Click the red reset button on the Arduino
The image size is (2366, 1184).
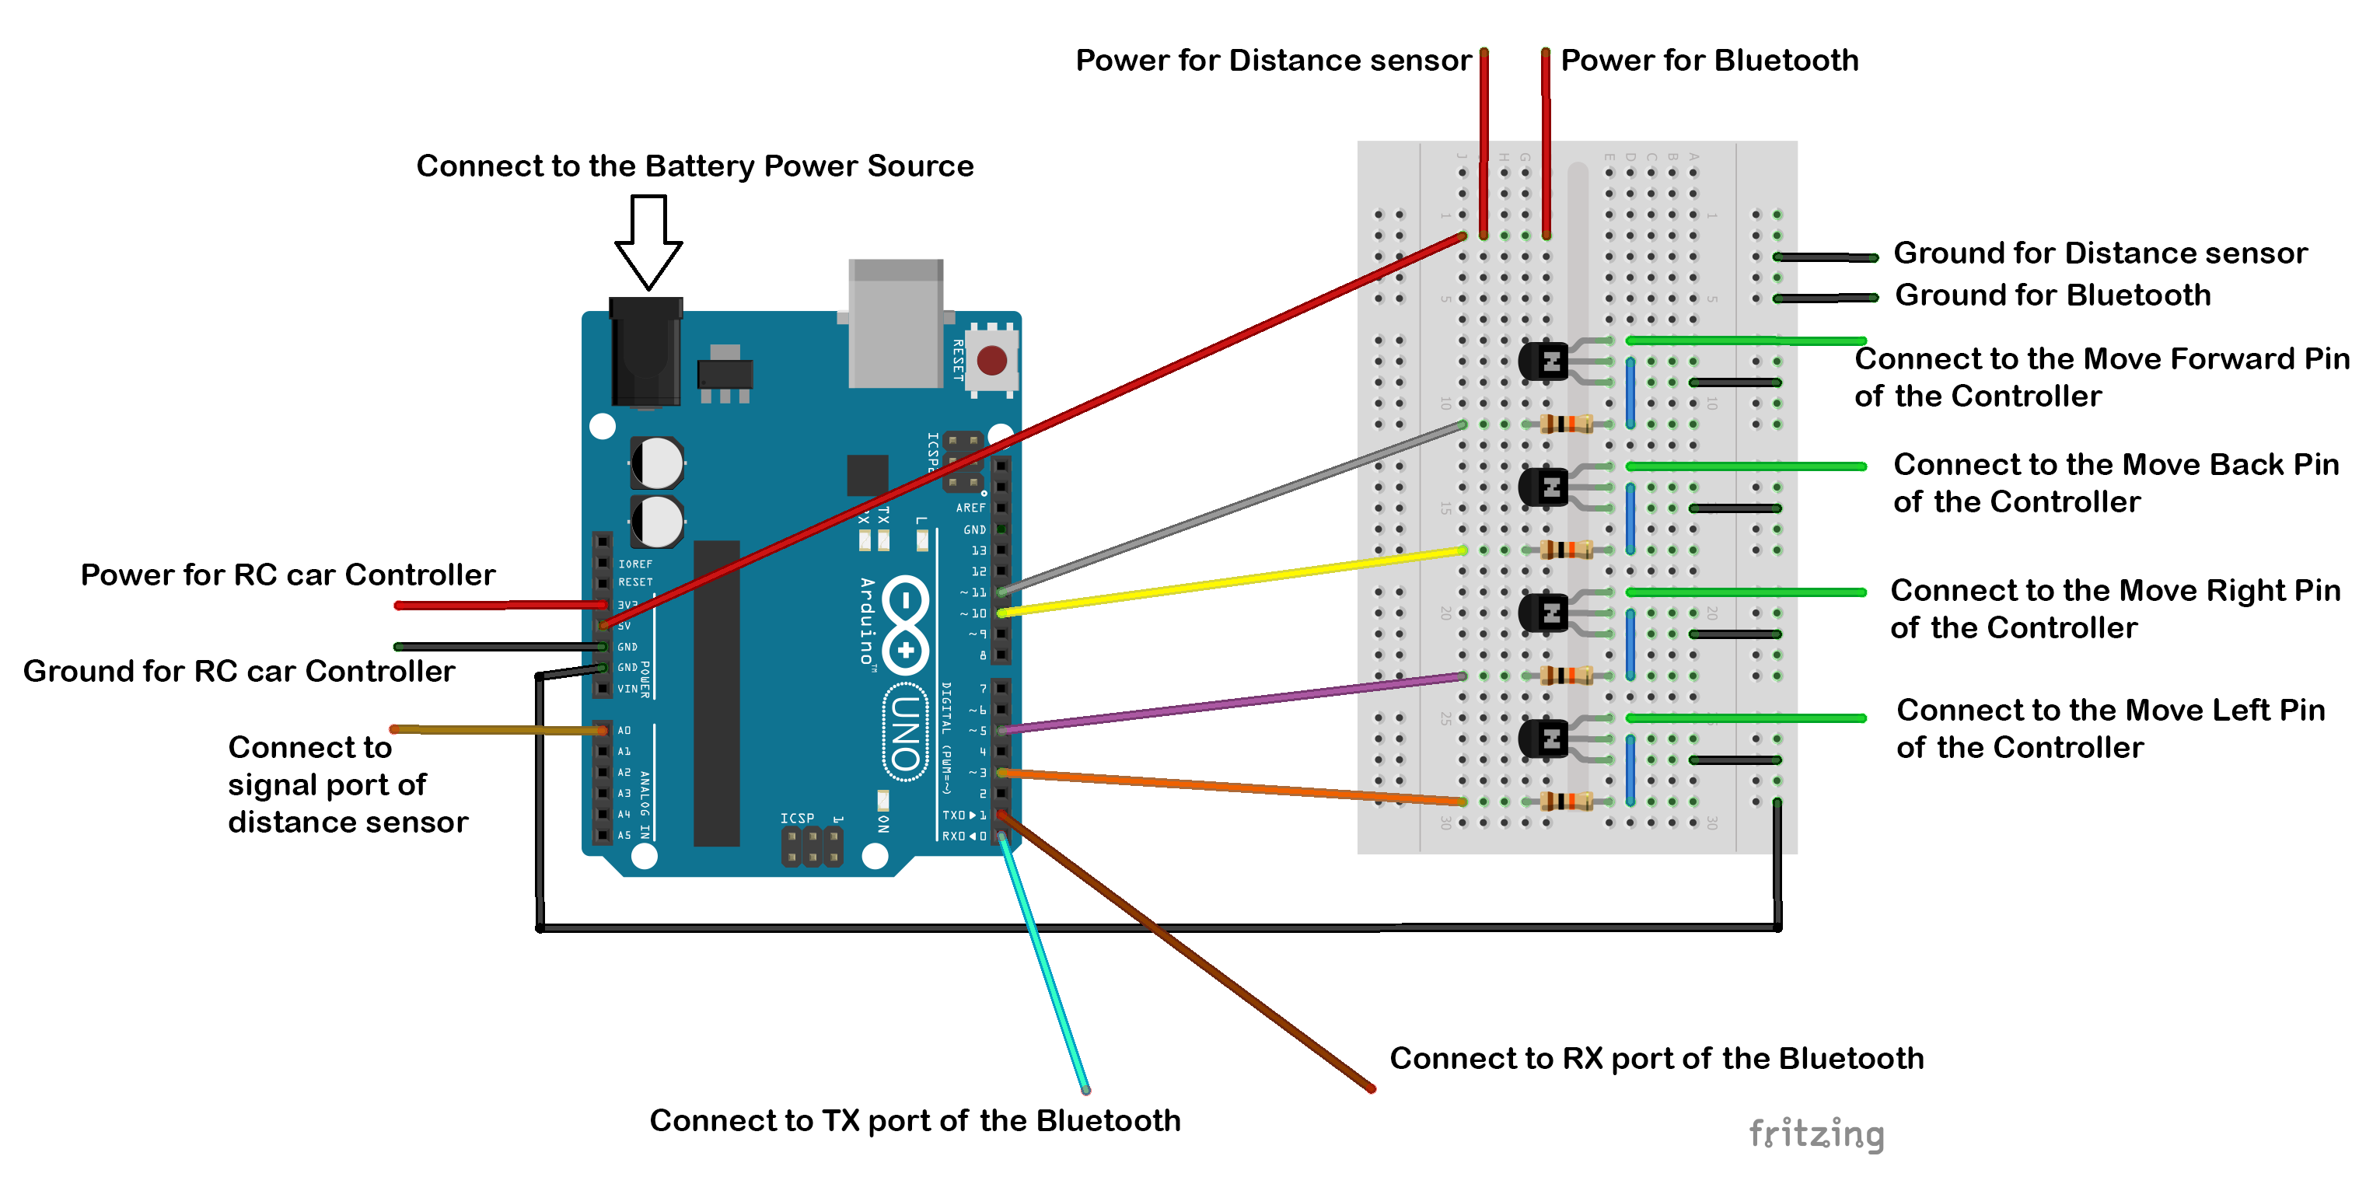tap(992, 360)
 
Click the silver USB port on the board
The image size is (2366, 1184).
tap(896, 323)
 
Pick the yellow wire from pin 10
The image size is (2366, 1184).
tap(1231, 582)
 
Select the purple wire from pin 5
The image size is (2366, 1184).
tap(1231, 704)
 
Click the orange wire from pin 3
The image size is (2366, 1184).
tap(1231, 786)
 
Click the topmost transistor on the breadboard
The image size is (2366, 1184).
tap(1543, 360)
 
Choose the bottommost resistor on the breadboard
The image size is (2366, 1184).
tap(1566, 801)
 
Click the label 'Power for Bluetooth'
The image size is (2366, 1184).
tap(1709, 61)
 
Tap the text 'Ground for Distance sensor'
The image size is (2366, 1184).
tap(2099, 253)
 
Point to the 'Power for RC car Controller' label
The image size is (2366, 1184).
tap(288, 575)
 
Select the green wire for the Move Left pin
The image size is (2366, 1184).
tap(1745, 718)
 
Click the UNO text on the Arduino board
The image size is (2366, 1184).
tap(906, 732)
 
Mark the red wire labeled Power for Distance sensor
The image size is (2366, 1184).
tap(1484, 138)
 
